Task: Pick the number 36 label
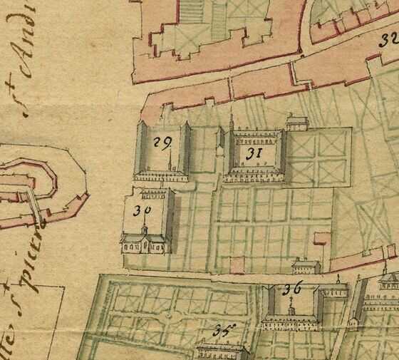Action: click(x=292, y=289)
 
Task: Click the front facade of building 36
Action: click(x=289, y=322)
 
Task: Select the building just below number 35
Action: click(x=221, y=351)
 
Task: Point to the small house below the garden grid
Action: click(x=305, y=267)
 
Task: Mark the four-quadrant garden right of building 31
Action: click(x=320, y=154)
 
